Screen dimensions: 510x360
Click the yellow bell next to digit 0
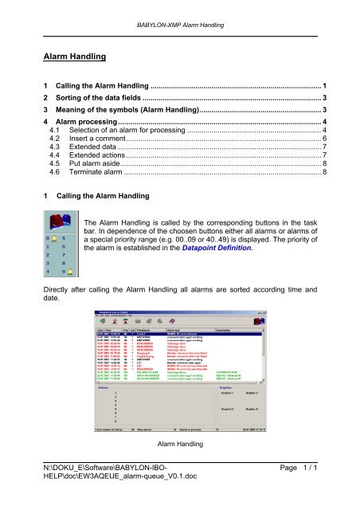53,240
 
